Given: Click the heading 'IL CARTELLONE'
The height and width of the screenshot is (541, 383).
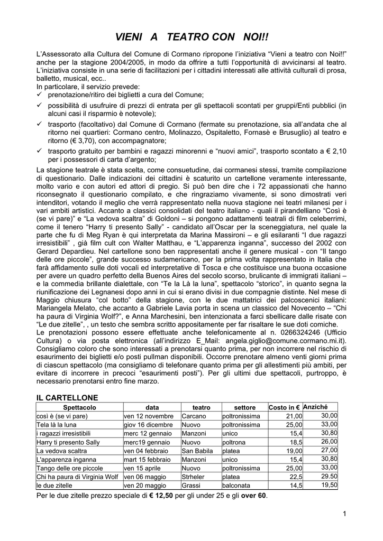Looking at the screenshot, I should pos(67,397).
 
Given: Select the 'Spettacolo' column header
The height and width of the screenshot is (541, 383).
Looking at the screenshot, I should pos(79,408).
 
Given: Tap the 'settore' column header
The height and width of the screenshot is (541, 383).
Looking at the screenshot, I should pos(244,408).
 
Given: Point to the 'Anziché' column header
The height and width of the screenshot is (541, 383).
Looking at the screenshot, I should pos(315,407).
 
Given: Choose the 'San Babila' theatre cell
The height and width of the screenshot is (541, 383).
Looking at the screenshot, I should pos(197,451).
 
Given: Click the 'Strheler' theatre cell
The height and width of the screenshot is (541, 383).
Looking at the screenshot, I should pos(194,477).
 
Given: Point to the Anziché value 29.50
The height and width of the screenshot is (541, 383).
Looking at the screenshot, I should pos(329,476).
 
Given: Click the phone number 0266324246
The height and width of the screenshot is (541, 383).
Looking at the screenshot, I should pos(293,332).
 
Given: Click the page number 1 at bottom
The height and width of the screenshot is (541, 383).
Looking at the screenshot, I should pos(344,515).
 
